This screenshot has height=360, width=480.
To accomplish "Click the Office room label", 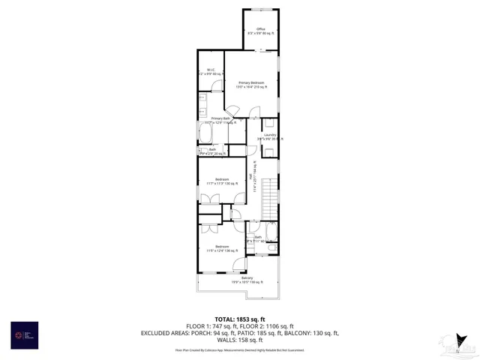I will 260,31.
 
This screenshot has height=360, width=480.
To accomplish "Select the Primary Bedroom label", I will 251,83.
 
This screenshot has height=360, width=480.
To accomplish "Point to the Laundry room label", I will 270,136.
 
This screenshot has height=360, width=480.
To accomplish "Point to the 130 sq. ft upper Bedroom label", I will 222,181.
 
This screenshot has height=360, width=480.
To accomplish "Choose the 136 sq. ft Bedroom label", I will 222,248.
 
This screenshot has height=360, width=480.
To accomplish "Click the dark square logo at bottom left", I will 24,334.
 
